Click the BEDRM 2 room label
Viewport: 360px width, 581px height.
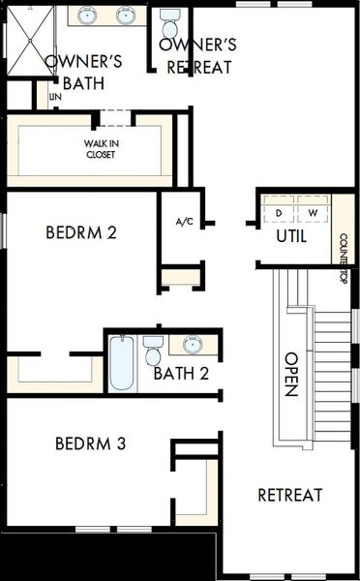(x=81, y=232)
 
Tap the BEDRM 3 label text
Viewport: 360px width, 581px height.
(x=90, y=444)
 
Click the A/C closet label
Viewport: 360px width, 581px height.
(x=185, y=222)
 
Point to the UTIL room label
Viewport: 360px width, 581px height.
(x=291, y=235)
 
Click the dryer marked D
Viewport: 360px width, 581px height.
(x=280, y=212)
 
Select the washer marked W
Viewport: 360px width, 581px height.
(x=313, y=212)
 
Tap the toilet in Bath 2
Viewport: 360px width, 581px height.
(x=153, y=347)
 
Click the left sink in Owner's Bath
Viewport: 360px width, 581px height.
(x=88, y=15)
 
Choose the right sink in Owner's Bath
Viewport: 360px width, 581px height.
(x=126, y=15)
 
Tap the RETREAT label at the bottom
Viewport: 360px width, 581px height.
(x=289, y=495)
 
